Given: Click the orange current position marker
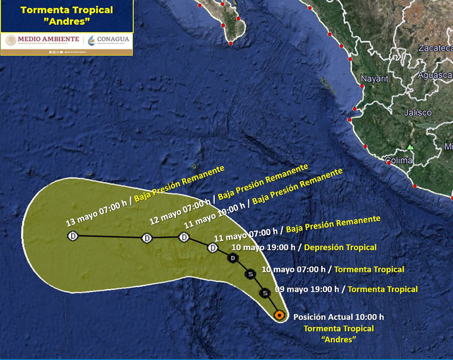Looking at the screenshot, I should pyautogui.click(x=279, y=315).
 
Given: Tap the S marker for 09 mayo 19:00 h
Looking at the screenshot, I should pyautogui.click(x=265, y=293).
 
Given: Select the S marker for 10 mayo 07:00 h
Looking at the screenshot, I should pyautogui.click(x=251, y=275).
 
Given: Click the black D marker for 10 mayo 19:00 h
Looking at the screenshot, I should pyautogui.click(x=233, y=258).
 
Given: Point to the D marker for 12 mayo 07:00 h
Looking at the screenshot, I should pyautogui.click(x=147, y=238).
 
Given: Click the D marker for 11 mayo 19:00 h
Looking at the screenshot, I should pyautogui.click(x=184, y=238).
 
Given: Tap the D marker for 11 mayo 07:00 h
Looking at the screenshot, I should pyautogui.click(x=213, y=248).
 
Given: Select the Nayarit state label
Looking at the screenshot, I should pyautogui.click(x=374, y=79).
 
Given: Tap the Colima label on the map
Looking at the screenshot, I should pyautogui.click(x=399, y=160).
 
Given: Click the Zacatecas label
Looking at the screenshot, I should pyautogui.click(x=435, y=48).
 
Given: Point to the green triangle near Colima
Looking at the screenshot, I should pyautogui.click(x=410, y=147).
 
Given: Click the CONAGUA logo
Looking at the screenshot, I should pyautogui.click(x=109, y=40).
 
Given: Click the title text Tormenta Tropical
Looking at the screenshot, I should pyautogui.click(x=67, y=10).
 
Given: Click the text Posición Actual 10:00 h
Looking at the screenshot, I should pyautogui.click(x=338, y=317).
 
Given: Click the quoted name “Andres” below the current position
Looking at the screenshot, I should pyautogui.click(x=338, y=340).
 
